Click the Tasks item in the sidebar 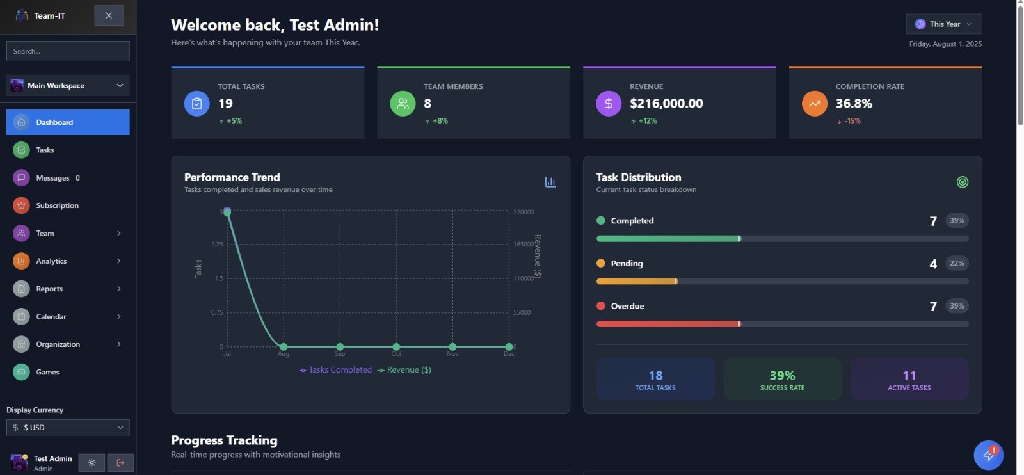pyautogui.click(x=45, y=150)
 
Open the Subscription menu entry pyautogui.click(x=57, y=205)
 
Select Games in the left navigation pyautogui.click(x=47, y=372)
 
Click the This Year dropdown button pyautogui.click(x=944, y=24)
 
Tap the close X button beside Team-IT pyautogui.click(x=109, y=15)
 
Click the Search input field pyautogui.click(x=68, y=51)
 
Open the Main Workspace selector pyautogui.click(x=68, y=85)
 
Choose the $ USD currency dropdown pyautogui.click(x=68, y=427)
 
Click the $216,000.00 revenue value pyautogui.click(x=666, y=103)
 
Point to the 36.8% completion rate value pyautogui.click(x=854, y=103)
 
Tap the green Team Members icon pyautogui.click(x=403, y=104)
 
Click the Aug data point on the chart pyautogui.click(x=284, y=347)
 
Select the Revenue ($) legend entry pyautogui.click(x=404, y=370)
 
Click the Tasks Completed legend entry pyautogui.click(x=336, y=370)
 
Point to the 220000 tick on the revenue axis pyautogui.click(x=524, y=212)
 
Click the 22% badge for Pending pyautogui.click(x=957, y=263)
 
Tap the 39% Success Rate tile pyautogui.click(x=782, y=379)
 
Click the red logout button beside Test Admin pyautogui.click(x=120, y=462)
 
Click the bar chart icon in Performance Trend pyautogui.click(x=550, y=182)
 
